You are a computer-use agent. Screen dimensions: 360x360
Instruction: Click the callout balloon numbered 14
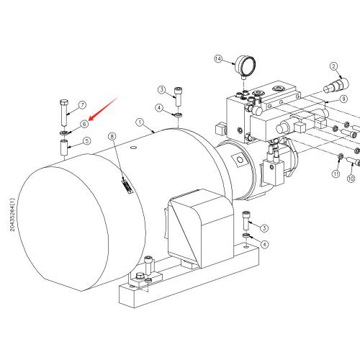(x=218, y=59)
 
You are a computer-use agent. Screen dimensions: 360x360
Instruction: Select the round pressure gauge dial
(x=246, y=66)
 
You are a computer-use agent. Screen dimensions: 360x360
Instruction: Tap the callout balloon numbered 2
(x=334, y=66)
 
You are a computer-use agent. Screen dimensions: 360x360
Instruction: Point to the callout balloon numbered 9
(x=343, y=99)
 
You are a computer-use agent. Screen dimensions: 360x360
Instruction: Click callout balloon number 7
(x=82, y=105)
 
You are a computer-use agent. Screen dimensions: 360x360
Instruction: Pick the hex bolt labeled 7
(x=64, y=113)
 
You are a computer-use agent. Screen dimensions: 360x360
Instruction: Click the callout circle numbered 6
(x=84, y=124)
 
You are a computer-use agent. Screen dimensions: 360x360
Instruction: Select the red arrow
(x=104, y=109)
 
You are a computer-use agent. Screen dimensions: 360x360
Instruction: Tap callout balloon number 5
(x=86, y=141)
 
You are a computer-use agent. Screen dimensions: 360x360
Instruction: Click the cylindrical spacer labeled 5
(x=64, y=148)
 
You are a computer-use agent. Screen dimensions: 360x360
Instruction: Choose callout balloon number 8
(x=112, y=137)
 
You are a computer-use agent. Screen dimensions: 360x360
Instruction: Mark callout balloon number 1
(x=140, y=122)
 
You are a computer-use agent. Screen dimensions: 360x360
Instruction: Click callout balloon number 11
(x=336, y=174)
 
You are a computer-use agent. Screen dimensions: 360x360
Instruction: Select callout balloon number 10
(x=351, y=179)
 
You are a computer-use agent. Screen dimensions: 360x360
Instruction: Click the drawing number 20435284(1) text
(x=12, y=215)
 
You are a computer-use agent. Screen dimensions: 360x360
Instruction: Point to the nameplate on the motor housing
(x=127, y=186)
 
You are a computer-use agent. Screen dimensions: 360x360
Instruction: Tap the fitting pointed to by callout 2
(x=336, y=85)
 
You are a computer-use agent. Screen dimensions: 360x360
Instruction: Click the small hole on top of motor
(x=133, y=147)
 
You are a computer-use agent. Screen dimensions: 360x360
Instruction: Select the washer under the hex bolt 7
(x=63, y=132)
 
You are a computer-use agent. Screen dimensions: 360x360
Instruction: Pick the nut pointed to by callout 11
(x=340, y=157)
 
